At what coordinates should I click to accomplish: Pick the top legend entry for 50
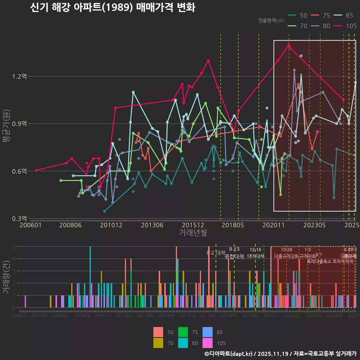coord(298,15)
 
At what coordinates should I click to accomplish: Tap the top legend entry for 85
coord(344,15)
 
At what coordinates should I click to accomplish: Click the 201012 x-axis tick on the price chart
coord(111,225)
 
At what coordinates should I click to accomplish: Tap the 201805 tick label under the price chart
coord(232,225)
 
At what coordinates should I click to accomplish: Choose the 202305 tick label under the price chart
coord(314,225)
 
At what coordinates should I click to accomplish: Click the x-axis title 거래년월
coord(193,233)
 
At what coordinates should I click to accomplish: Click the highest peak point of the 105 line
coord(289,45)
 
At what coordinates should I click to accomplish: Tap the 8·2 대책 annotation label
coord(216,253)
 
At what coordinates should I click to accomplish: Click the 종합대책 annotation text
coord(234,257)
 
